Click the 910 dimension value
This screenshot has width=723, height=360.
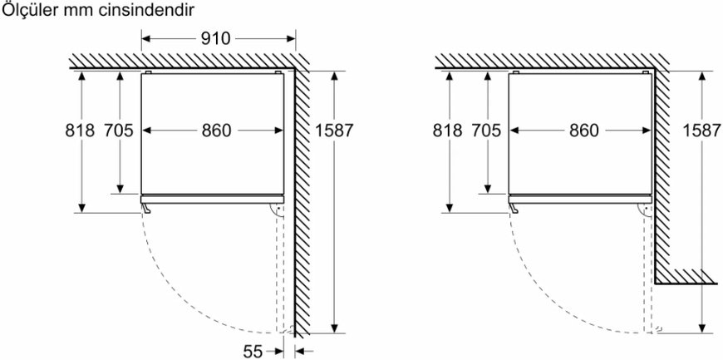[216, 39]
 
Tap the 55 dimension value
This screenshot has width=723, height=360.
[253, 352]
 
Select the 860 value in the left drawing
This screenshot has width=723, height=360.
[216, 131]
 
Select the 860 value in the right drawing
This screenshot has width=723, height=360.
[583, 131]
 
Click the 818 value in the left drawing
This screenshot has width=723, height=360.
[79, 131]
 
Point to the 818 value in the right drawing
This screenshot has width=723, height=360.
[447, 131]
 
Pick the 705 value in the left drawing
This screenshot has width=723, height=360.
[119, 131]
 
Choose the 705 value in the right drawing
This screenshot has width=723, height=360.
[486, 131]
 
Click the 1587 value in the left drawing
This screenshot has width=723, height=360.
[333, 131]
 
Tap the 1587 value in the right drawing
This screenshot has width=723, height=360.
[701, 131]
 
